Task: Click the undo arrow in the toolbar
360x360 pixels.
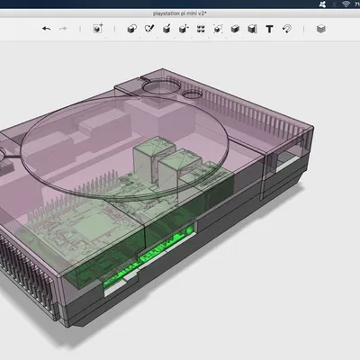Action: (46, 29)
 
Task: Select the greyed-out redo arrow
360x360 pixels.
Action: (63, 29)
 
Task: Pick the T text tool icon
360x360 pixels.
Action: (269, 29)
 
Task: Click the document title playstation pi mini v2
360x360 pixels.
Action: (181, 12)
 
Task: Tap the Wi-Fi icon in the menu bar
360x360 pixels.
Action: (334, 4)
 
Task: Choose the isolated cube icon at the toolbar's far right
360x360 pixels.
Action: (321, 29)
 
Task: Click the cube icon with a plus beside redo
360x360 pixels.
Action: (97, 29)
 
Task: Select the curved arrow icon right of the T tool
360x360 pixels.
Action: (287, 29)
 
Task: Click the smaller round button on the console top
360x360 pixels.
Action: (193, 93)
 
